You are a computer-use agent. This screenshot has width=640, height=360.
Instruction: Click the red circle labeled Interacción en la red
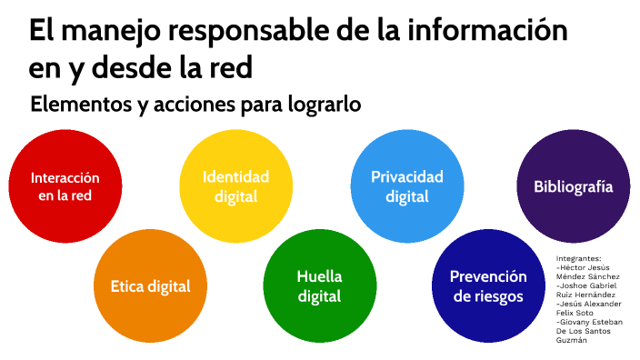[65, 185]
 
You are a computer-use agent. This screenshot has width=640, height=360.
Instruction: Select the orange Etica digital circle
[151, 285]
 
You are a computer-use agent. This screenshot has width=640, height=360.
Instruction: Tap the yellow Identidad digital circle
[235, 185]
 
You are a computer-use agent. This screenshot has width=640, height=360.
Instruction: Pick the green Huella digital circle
[319, 285]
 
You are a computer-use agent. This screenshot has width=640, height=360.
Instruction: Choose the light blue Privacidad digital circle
[406, 185]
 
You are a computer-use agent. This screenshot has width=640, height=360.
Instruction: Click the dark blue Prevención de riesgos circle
[488, 285]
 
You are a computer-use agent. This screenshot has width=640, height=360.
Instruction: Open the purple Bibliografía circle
[573, 186]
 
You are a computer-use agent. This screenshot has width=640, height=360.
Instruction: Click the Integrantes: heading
[578, 258]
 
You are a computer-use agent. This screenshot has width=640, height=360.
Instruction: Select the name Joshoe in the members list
[575, 285]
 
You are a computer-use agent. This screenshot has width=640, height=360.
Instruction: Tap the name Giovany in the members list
[578, 322]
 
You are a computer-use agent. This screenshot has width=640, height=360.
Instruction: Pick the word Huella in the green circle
[319, 276]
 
